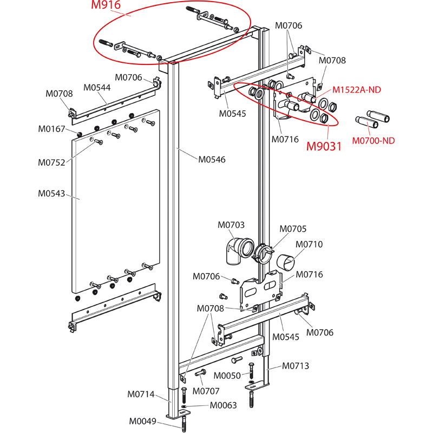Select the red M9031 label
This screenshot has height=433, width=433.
point(324,146)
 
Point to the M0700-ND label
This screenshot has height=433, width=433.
point(373,141)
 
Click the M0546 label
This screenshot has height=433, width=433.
point(212,159)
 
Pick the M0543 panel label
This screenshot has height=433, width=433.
point(51,193)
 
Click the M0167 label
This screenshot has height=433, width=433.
point(51,129)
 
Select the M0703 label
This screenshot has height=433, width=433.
point(231,224)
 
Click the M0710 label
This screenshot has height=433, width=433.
point(309,244)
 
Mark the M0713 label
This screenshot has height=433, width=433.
point(295,366)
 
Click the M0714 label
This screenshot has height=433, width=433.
point(141,394)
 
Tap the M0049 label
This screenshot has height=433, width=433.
point(142,422)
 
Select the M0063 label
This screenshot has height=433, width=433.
point(223,405)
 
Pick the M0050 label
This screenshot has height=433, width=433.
point(227,376)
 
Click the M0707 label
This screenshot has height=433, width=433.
point(207,391)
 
